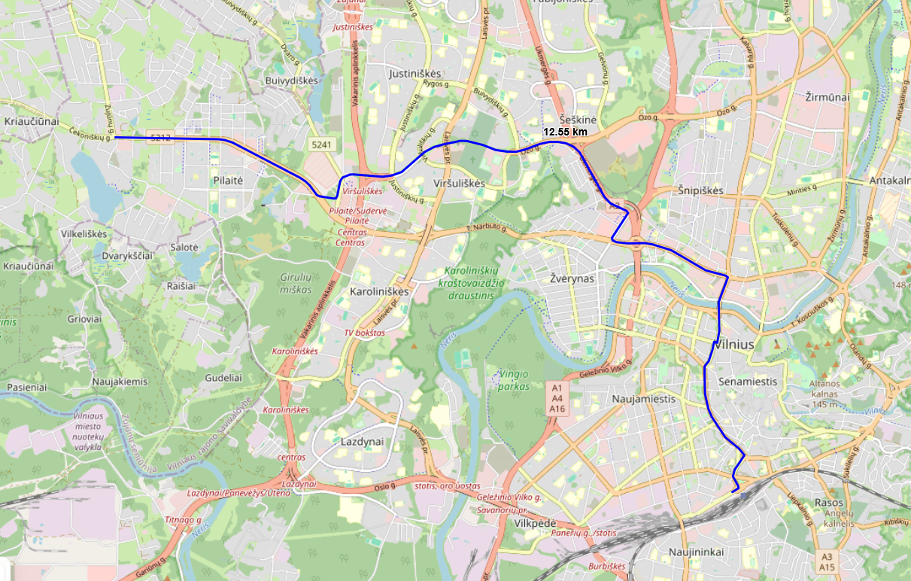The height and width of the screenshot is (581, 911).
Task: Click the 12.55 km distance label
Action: click(x=565, y=132)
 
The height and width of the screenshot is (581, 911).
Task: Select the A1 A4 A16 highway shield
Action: click(x=557, y=398)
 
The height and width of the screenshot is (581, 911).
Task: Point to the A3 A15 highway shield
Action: click(x=827, y=561)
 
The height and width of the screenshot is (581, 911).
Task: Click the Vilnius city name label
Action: click(x=737, y=344)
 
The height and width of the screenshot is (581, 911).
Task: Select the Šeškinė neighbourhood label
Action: click(x=578, y=120)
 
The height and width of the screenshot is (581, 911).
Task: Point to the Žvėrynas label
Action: click(x=572, y=278)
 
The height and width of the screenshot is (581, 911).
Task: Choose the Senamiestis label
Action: click(x=747, y=382)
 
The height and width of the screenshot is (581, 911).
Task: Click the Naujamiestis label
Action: click(x=644, y=399)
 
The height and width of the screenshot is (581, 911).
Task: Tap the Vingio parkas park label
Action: click(x=514, y=380)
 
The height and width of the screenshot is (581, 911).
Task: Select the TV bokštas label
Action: click(x=364, y=332)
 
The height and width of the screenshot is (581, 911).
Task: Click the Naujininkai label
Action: click(x=696, y=552)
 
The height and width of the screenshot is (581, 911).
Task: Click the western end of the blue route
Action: click(x=115, y=138)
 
